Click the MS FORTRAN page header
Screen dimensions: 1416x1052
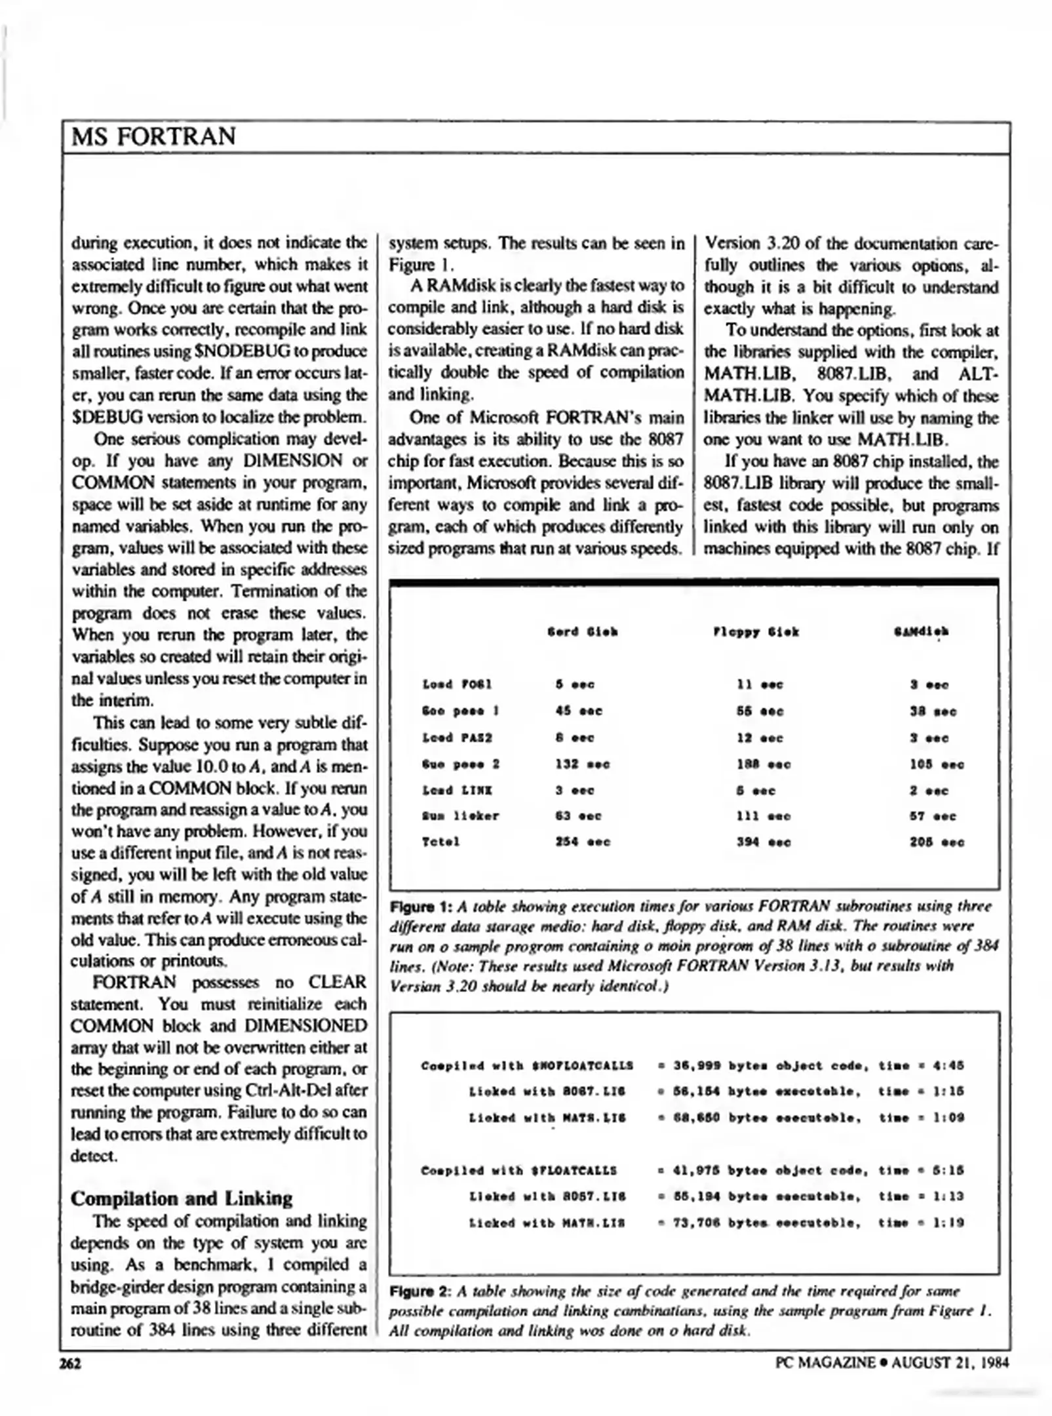pyautogui.click(x=153, y=136)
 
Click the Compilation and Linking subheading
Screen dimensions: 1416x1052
pyautogui.click(x=181, y=1199)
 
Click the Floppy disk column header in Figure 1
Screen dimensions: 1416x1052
pyautogui.click(x=755, y=632)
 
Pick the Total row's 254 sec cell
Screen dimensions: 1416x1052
pyautogui.click(x=582, y=842)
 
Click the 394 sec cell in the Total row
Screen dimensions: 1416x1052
pyautogui.click(x=763, y=842)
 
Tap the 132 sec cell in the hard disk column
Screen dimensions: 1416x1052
pyautogui.click(x=582, y=764)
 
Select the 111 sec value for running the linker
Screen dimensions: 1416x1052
pyautogui.click(x=763, y=816)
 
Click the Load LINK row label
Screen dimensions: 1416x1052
pyautogui.click(x=457, y=791)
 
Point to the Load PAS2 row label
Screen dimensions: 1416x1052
pyautogui.click(x=457, y=738)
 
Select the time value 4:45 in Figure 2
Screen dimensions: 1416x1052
pyautogui.click(x=948, y=1066)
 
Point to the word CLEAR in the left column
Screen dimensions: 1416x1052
pyautogui.click(x=337, y=982)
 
